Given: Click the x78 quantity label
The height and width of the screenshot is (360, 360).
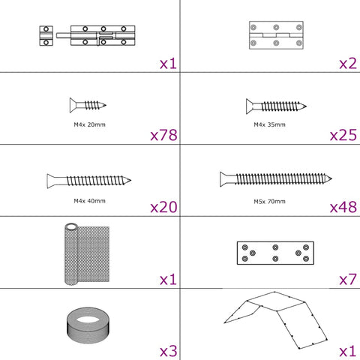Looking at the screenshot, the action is (163, 135).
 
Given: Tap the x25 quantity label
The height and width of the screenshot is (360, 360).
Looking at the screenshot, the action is (343, 135).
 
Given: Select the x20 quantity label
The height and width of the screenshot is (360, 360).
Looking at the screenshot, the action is (163, 207).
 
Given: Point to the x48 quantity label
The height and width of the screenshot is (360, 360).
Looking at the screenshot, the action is (343, 207).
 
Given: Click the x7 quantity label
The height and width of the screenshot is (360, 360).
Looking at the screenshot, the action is (348, 279).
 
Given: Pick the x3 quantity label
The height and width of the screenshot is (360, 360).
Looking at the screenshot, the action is (169, 351).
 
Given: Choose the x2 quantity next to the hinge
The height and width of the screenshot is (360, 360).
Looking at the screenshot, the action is (348, 64).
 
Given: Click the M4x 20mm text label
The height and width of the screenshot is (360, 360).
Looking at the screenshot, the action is (89, 124).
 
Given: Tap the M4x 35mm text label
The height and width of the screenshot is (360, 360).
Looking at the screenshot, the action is (269, 124).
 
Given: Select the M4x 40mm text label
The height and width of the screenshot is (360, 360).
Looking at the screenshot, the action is (89, 201).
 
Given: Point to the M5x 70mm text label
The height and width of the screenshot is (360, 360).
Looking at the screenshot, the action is (269, 201).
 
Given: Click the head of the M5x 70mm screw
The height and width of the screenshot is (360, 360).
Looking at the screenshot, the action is (223, 179).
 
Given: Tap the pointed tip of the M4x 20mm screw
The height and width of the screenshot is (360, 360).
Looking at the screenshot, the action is (106, 105).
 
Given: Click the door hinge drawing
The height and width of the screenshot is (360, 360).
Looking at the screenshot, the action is (276, 35).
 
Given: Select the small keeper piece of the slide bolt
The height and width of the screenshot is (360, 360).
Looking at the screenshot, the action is (46, 35).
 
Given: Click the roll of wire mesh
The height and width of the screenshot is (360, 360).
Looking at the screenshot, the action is (87, 254).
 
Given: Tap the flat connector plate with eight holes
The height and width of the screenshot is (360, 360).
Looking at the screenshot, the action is (275, 253).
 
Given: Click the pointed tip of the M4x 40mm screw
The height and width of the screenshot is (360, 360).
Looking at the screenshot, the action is (130, 180).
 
